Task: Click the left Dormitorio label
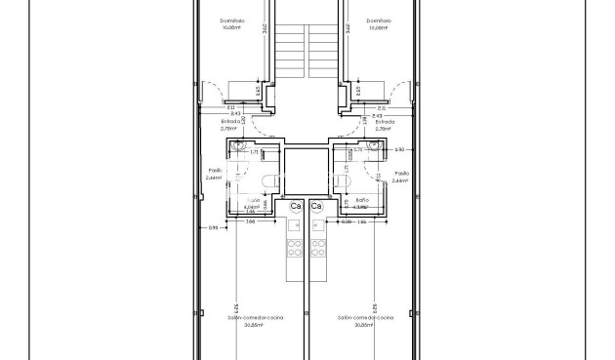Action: coord(232,20)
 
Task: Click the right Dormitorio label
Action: coord(378,20)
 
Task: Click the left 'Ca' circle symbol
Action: coord(296,207)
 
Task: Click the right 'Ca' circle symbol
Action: coord(316,207)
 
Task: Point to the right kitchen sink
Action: coord(316,226)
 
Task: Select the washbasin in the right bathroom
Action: coord(376,146)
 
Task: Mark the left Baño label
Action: coord(251,199)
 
